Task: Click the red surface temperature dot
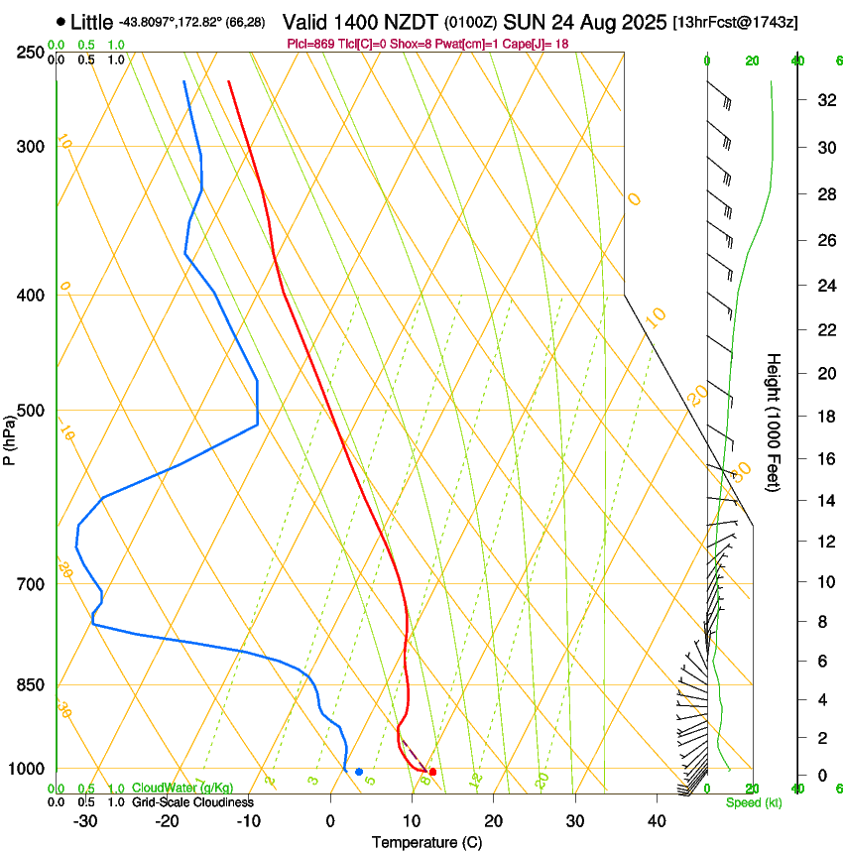click(432, 772)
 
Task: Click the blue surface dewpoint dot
click(359, 772)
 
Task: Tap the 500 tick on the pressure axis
click(30, 411)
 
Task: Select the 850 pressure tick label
click(30, 685)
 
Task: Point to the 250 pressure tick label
click(30, 53)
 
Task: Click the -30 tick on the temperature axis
click(85, 820)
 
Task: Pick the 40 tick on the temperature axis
click(656, 820)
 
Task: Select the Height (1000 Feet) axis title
click(774, 423)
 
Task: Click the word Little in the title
click(91, 22)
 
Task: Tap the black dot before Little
click(61, 21)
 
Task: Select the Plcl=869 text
click(310, 44)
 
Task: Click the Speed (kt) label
click(753, 802)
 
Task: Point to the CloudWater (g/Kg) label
click(177, 789)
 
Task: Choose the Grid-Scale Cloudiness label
click(193, 802)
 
